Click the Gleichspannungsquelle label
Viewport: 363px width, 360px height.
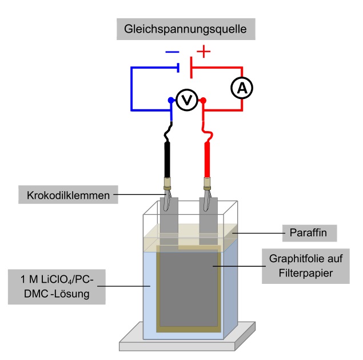coord(186,29)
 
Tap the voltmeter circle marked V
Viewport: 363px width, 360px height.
coord(187,100)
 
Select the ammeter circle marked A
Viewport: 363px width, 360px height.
coord(242,88)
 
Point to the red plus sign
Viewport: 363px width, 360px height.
coord(204,52)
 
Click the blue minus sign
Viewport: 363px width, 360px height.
coord(172,52)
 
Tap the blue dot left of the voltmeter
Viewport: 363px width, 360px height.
coord(171,100)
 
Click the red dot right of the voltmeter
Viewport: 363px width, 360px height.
coord(203,100)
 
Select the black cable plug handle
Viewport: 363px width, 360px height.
coord(167,160)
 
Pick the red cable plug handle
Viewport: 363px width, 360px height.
coord(207,160)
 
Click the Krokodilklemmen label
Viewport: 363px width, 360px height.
coord(68,195)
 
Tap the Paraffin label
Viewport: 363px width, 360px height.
coord(309,233)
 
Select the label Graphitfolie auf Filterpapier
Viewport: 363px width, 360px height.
coord(306,266)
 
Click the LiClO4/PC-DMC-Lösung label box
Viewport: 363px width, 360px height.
coord(57,287)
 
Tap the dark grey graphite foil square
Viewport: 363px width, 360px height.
coord(189,289)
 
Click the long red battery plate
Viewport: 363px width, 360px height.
coord(192,68)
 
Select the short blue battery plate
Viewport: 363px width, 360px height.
coord(178,68)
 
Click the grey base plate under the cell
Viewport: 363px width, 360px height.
coord(188,341)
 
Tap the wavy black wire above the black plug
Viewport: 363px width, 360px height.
coord(168,132)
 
